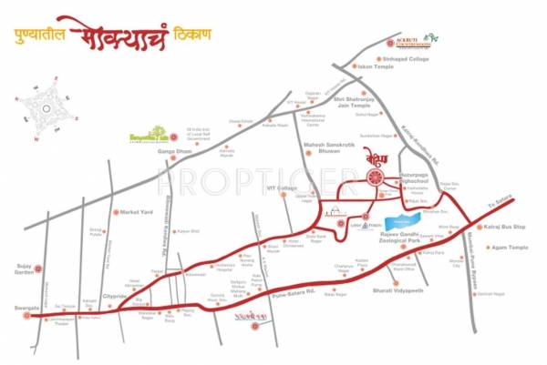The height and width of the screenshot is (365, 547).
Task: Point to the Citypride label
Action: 114,295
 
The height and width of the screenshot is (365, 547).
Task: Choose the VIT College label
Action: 282,188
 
